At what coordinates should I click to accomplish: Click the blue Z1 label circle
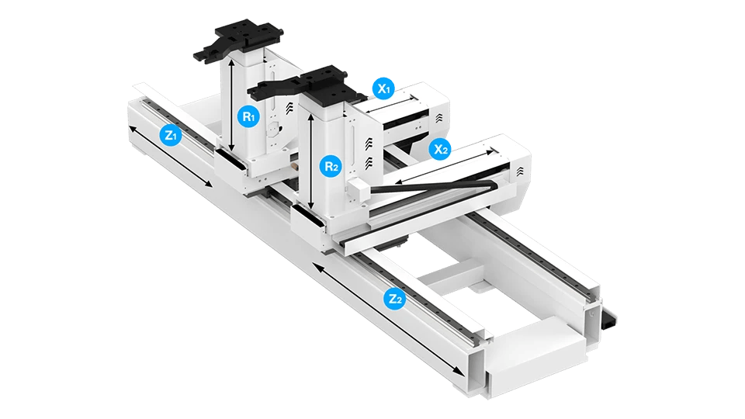tap(170, 134)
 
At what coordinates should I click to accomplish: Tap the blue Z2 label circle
tap(395, 298)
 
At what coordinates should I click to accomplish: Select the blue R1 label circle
tap(248, 116)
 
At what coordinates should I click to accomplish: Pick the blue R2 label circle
tap(331, 166)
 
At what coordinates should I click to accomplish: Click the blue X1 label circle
tap(383, 88)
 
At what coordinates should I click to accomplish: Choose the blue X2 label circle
tap(441, 149)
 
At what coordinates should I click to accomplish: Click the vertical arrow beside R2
tap(310, 161)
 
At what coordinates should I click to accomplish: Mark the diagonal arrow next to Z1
tap(171, 156)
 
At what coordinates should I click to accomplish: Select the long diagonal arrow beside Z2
tap(388, 320)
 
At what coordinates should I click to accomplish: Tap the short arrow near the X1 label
tap(391, 104)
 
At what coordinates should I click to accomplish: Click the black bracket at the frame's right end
tap(608, 318)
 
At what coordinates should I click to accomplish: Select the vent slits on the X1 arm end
tap(438, 118)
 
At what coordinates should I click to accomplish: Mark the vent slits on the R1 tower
tap(289, 109)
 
